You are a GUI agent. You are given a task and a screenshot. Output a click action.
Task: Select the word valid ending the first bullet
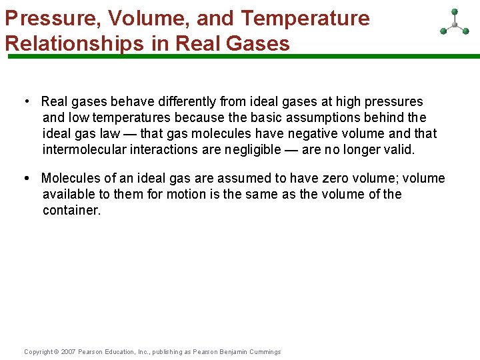(x=398, y=150)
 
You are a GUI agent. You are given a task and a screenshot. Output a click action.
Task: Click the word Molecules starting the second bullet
(x=69, y=179)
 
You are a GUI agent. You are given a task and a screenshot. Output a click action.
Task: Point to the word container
(x=71, y=211)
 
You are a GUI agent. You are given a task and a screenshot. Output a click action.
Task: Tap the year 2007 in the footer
(x=69, y=352)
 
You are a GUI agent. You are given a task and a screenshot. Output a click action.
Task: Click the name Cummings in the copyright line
(x=265, y=352)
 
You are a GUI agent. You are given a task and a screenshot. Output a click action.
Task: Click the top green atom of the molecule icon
(x=455, y=11)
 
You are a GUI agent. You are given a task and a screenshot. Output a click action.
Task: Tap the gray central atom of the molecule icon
(x=455, y=25)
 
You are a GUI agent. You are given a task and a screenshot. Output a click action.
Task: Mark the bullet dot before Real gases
(x=26, y=102)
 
